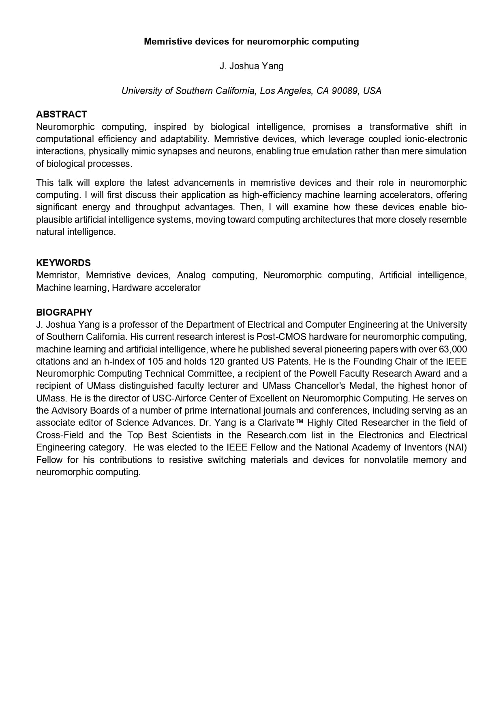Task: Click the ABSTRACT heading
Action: tap(61, 114)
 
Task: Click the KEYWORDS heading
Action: tap(63, 263)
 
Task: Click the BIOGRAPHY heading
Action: tap(64, 312)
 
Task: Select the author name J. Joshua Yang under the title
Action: tap(251, 66)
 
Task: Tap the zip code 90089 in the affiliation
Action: tap(345, 91)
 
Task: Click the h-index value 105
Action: tap(155, 361)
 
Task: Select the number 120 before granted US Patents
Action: tap(217, 361)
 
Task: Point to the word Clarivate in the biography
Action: tap(276, 423)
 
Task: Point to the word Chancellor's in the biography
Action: tap(322, 386)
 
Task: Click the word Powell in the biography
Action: tap(322, 374)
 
